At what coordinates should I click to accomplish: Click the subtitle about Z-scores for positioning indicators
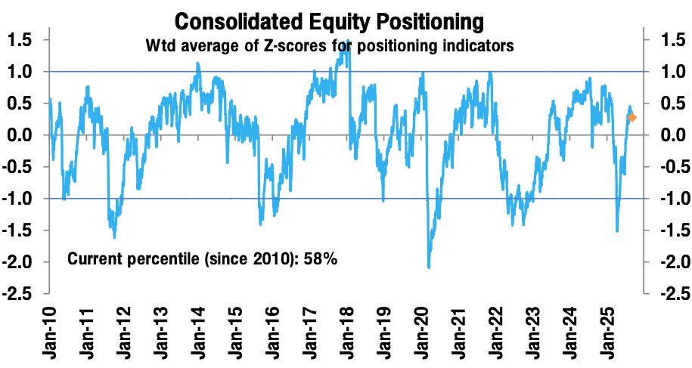pos(330,46)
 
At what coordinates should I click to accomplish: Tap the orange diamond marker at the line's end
pos(632,118)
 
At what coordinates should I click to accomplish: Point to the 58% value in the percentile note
pos(321,259)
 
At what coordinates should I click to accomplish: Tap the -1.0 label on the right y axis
pos(668,199)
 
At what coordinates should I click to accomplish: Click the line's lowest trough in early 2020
pos(429,267)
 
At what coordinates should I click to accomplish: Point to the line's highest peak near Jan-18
pos(347,42)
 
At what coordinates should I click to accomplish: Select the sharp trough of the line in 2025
pos(617,230)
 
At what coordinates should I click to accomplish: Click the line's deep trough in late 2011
pos(114,236)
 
